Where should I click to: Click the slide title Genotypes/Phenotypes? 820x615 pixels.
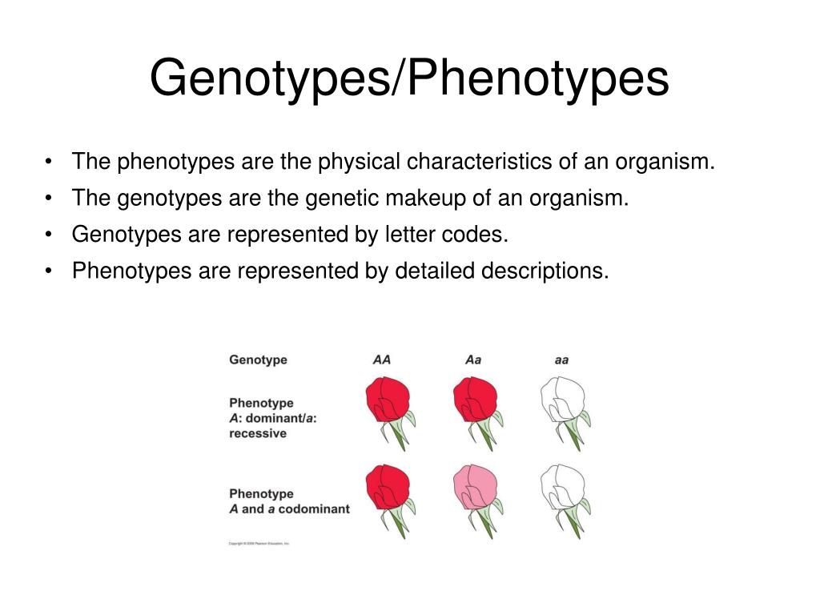point(409,79)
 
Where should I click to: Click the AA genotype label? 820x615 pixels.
point(382,360)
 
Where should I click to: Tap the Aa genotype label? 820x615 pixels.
point(473,360)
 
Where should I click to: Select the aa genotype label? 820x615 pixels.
point(561,360)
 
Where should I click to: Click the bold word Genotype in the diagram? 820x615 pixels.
point(258,360)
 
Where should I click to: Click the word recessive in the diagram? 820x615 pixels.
point(258,433)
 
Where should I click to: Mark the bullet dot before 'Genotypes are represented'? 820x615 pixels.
point(50,235)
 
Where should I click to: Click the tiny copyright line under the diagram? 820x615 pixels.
point(259,543)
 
